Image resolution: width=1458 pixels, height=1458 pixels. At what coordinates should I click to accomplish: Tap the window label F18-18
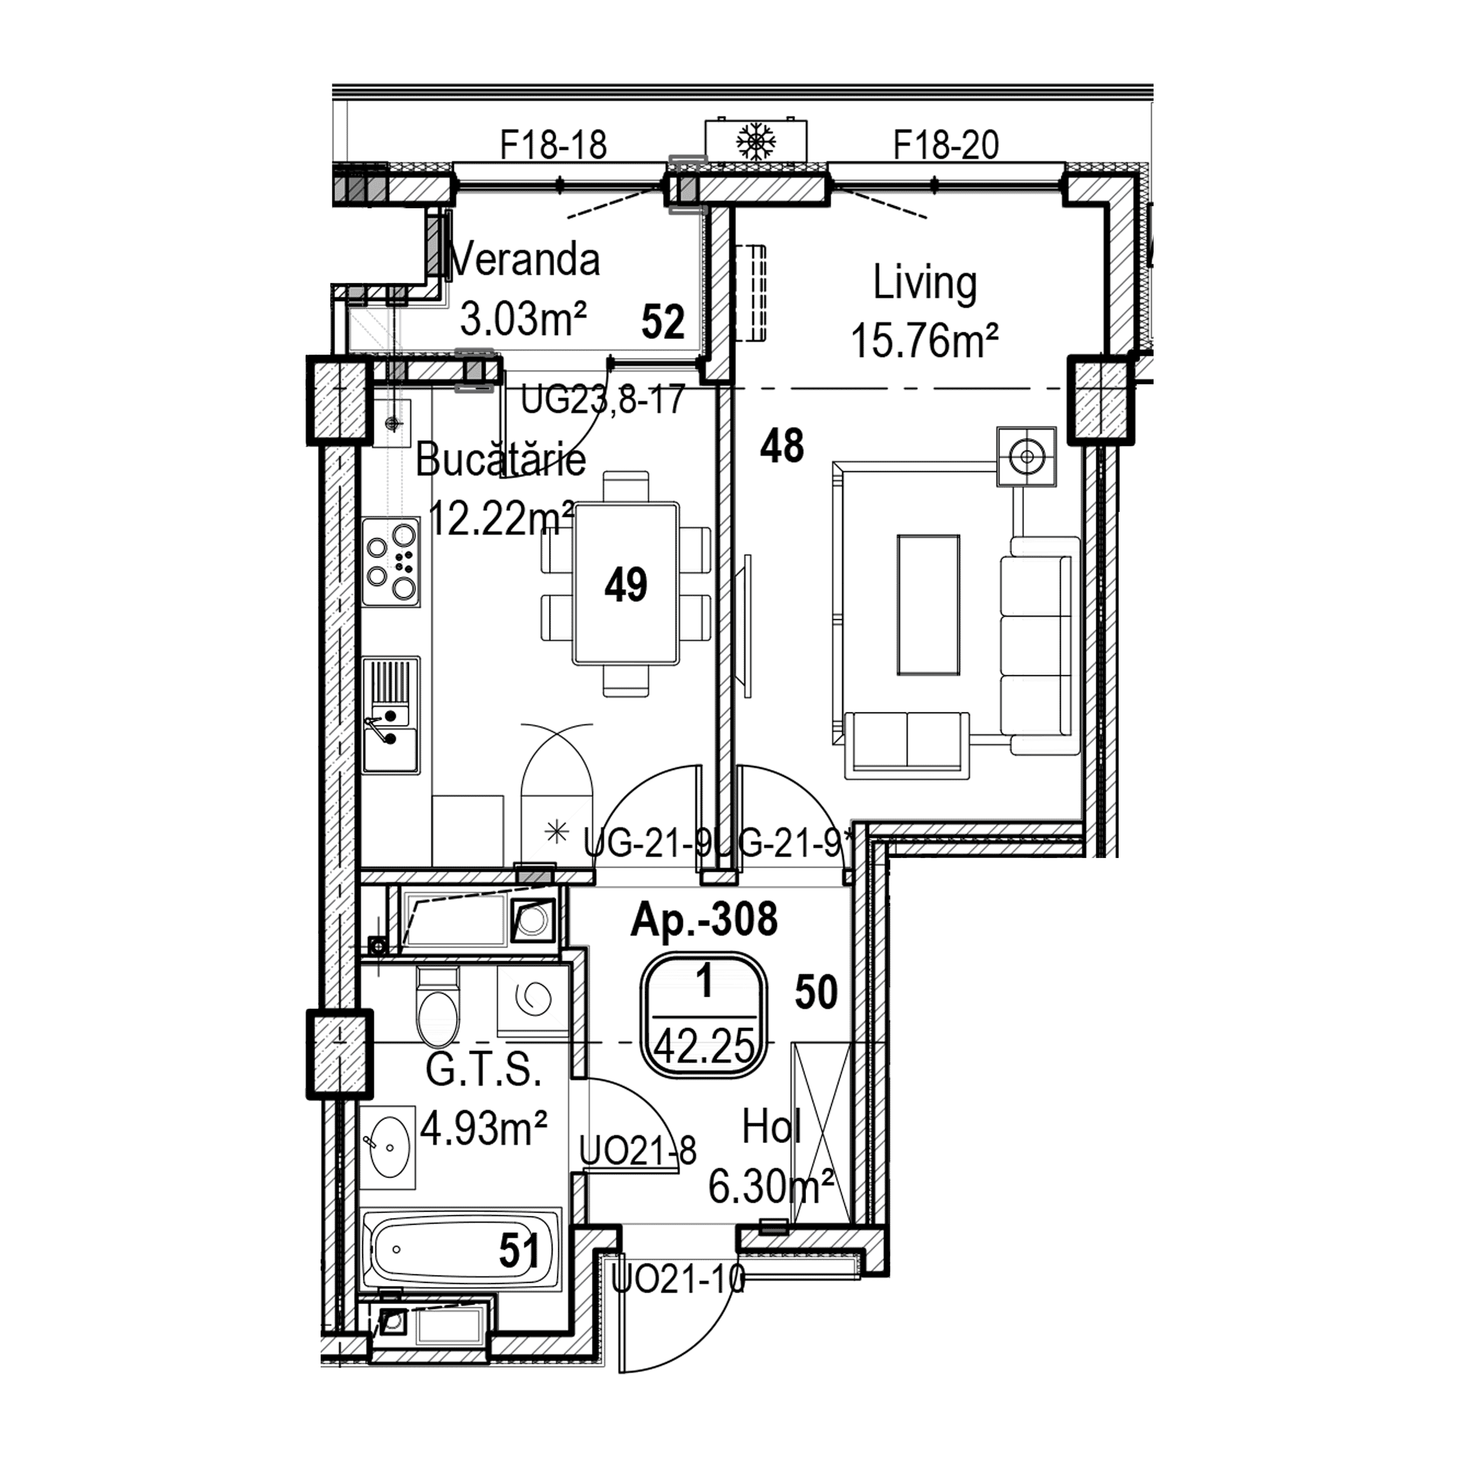coord(554,145)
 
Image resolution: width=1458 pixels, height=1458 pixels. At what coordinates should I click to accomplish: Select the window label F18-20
coord(947,145)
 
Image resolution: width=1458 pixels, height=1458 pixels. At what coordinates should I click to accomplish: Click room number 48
coord(783,446)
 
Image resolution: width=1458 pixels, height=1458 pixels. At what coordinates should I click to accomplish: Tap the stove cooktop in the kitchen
coord(391,562)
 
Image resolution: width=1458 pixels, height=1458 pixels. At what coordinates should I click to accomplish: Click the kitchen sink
coord(391,714)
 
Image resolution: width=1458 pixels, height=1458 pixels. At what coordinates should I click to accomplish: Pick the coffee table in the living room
coord(929,604)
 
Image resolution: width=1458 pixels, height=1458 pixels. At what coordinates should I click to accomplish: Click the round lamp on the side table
coord(1026,457)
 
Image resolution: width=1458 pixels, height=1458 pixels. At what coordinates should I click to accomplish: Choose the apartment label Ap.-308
coord(704,919)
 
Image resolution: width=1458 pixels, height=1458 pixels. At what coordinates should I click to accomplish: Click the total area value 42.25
coord(705,1047)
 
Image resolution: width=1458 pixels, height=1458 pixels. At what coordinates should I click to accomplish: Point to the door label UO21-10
coord(678,1278)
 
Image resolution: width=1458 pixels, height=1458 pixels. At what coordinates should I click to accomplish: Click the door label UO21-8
coord(637,1151)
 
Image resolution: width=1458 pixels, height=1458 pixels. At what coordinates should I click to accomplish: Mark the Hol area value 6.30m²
coord(771,1186)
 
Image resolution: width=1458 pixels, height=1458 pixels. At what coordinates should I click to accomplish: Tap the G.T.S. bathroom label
coord(483,1070)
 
